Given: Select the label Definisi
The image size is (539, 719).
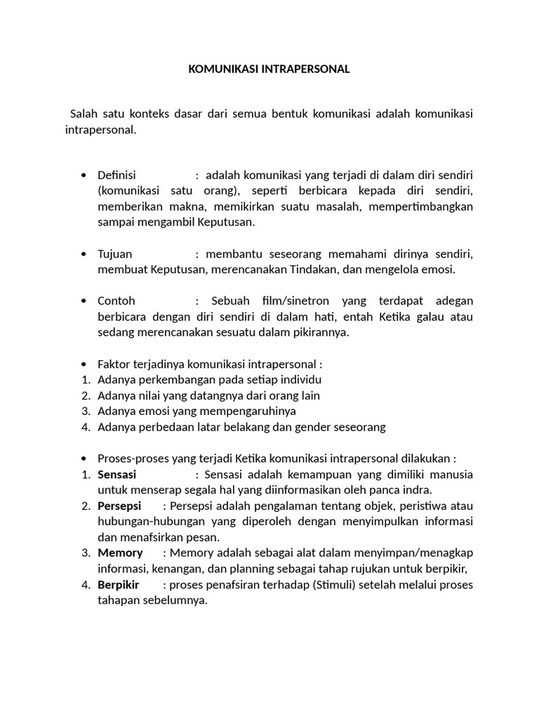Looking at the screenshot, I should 117,175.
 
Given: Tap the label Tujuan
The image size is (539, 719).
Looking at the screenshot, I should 115,253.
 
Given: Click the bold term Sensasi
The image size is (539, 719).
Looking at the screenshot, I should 117,474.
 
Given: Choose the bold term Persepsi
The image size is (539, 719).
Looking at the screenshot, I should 119,506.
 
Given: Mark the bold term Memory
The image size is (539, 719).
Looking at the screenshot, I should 120,553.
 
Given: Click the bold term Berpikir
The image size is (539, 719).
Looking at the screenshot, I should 119,584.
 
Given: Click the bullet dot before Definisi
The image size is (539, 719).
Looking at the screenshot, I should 84,175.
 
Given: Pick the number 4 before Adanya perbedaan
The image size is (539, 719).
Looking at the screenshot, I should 85,427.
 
